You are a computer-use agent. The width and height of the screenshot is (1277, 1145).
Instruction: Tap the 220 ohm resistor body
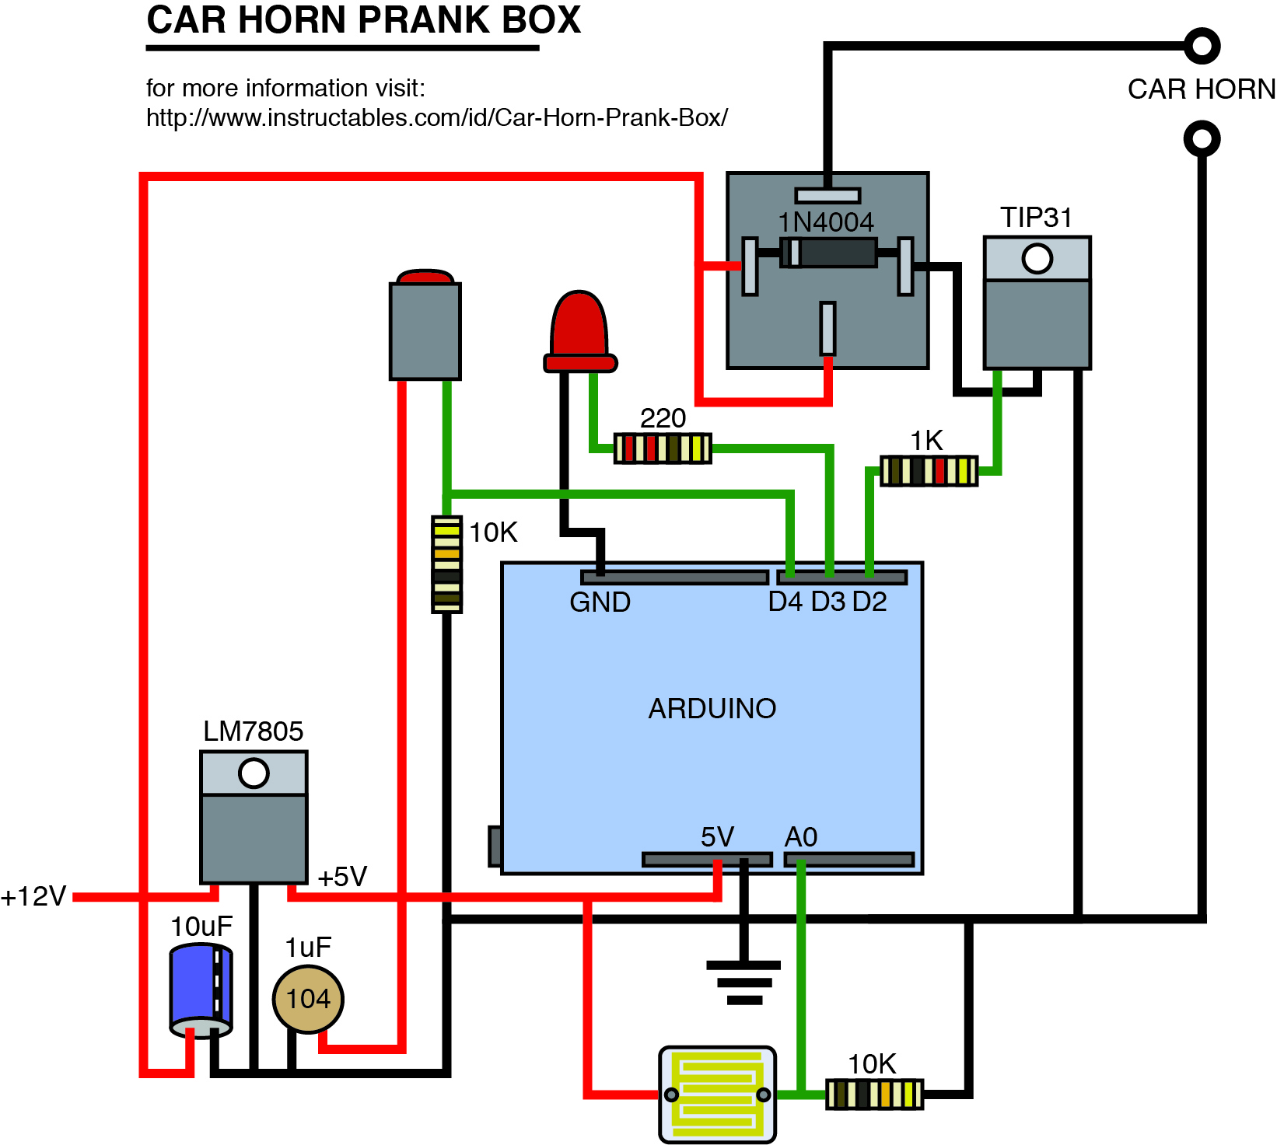663,449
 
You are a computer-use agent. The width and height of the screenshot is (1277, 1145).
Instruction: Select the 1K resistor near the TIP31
929,470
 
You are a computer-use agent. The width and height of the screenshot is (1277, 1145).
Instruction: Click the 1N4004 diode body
829,253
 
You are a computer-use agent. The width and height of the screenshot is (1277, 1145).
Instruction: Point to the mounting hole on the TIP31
1037,259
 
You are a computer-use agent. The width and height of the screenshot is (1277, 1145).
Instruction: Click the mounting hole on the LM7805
254,773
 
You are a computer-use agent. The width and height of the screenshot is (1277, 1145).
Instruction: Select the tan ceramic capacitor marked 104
308,999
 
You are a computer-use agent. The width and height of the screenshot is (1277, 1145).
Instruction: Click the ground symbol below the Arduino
744,982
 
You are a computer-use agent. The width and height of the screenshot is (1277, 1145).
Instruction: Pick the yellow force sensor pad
717,1094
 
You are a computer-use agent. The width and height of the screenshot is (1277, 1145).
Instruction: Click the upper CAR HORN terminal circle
1202,47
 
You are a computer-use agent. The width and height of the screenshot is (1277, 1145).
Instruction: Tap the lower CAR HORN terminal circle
1202,139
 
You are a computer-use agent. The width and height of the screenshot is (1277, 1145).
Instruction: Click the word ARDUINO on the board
712,708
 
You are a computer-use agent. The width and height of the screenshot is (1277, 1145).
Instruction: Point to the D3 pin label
827,602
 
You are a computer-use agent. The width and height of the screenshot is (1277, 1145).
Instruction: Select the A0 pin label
801,837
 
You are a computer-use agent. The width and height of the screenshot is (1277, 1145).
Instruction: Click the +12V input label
34,896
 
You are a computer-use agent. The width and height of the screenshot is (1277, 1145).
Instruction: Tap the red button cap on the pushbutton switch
425,278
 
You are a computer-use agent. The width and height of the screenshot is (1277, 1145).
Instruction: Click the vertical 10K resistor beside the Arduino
446,564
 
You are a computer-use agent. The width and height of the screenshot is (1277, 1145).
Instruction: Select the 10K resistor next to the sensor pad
874,1094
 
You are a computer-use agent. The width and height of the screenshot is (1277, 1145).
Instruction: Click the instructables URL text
436,118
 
